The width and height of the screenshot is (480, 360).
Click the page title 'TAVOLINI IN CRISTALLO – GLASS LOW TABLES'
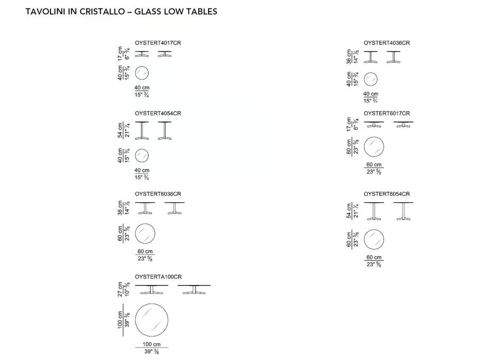(121, 11)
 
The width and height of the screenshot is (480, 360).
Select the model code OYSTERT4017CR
(158, 43)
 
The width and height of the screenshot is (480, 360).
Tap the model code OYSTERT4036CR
(386, 43)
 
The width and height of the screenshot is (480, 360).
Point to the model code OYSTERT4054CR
(158, 113)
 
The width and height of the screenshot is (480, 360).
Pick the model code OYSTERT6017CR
(386, 113)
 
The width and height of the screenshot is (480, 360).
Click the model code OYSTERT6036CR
(158, 194)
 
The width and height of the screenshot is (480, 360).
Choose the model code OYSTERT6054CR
(386, 194)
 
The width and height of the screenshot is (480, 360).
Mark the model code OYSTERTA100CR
(158, 276)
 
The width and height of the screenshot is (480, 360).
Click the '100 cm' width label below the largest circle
(151, 344)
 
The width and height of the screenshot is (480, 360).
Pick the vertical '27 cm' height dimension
(120, 289)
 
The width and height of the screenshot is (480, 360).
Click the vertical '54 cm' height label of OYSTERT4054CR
(120, 130)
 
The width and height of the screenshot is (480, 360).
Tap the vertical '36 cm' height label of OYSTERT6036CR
(120, 208)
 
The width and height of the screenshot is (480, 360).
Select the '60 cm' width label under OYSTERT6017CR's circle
(374, 164)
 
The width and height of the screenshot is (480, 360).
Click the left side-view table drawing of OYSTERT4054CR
(141, 130)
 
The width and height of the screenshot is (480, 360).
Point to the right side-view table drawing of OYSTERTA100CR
(194, 289)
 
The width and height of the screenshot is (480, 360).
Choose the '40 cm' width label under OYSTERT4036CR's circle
(370, 94)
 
